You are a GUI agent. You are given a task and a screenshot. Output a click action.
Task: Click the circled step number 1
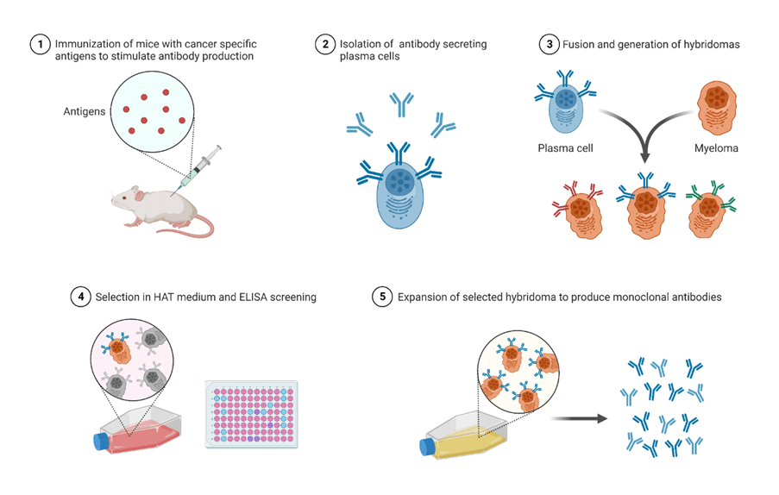coord(40,44)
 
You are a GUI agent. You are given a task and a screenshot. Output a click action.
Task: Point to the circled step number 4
coord(82,297)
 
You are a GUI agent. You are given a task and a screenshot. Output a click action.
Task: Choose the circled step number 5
coord(382,297)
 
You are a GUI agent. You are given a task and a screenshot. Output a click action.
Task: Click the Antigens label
coord(84,111)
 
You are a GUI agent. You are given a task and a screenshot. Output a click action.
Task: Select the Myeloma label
coord(715,147)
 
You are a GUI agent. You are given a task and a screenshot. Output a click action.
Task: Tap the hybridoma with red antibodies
coord(579,212)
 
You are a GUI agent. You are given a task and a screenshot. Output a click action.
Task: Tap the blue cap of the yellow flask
coord(427,446)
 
